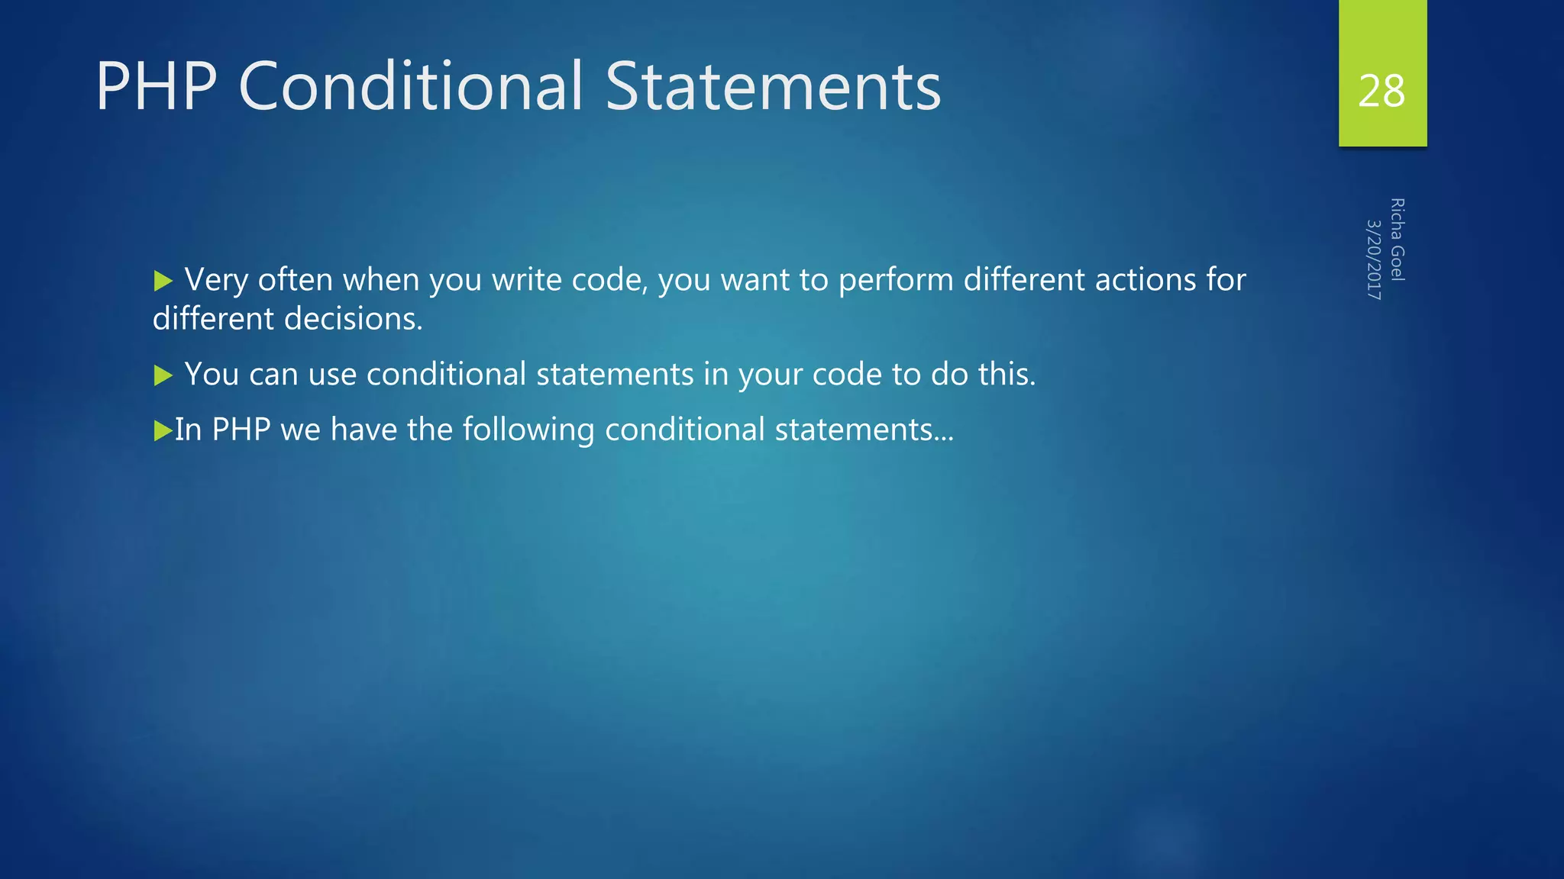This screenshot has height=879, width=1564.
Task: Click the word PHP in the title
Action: click(x=157, y=86)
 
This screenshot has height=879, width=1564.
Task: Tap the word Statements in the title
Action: click(x=773, y=86)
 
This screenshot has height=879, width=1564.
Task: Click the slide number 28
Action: click(x=1381, y=92)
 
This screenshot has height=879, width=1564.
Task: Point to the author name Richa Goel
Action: click(x=1398, y=240)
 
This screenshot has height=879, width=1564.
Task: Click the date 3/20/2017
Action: click(x=1374, y=259)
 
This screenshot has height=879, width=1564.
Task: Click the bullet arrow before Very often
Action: click(x=163, y=282)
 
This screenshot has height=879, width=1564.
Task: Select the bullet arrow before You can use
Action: click(x=163, y=375)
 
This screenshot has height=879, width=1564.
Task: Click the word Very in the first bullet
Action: click(x=216, y=280)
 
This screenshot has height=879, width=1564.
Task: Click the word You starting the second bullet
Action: click(x=212, y=374)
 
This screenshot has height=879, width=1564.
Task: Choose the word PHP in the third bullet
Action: click(x=241, y=430)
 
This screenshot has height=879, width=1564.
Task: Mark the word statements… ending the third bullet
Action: click(x=864, y=430)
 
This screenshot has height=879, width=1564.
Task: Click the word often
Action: click(x=295, y=280)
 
